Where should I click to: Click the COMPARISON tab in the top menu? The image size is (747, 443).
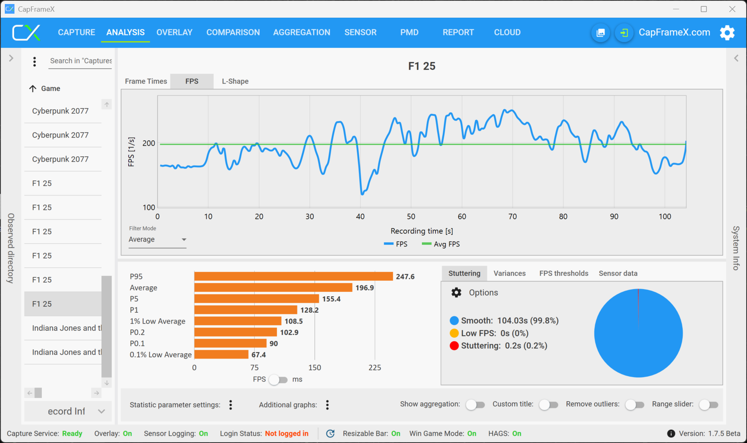click(x=233, y=32)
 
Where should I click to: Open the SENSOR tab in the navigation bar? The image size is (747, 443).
click(x=360, y=32)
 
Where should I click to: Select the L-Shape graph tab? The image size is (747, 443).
click(x=235, y=81)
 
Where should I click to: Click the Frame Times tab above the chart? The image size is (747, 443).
click(x=146, y=81)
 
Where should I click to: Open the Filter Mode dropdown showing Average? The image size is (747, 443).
click(x=157, y=240)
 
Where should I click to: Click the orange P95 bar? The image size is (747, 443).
click(x=293, y=277)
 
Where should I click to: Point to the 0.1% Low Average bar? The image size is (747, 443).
click(x=221, y=355)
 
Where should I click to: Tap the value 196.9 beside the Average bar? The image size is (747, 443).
click(x=364, y=288)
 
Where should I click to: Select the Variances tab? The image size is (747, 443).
click(x=510, y=273)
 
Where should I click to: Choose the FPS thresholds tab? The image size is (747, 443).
click(x=563, y=273)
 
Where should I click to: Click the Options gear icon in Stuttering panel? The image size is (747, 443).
click(x=456, y=293)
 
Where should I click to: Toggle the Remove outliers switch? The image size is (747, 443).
click(x=634, y=405)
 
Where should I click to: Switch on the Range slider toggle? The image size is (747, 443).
click(x=708, y=405)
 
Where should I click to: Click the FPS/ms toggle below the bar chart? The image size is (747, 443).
click(x=278, y=379)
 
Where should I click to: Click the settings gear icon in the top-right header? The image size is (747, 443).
click(x=727, y=33)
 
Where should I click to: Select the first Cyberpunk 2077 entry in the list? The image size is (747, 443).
click(x=60, y=111)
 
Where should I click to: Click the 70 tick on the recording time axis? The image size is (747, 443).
click(x=513, y=217)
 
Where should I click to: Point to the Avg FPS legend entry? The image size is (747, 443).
click(x=441, y=244)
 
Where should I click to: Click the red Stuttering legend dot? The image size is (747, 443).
click(x=454, y=346)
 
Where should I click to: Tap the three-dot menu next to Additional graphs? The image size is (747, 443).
click(x=327, y=405)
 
